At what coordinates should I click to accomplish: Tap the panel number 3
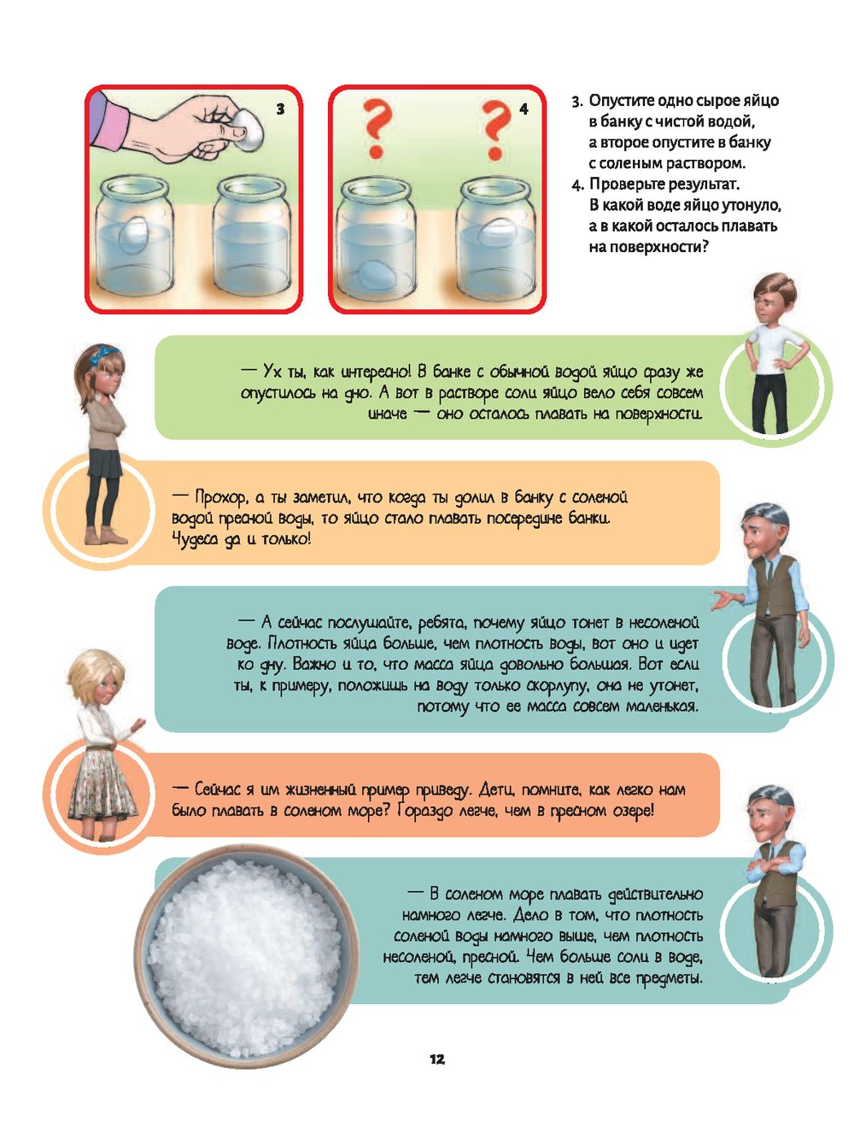(280, 109)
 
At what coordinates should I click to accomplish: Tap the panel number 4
(524, 109)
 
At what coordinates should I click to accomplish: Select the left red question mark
(377, 130)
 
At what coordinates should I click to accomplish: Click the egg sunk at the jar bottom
(377, 276)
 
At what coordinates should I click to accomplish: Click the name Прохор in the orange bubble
(222, 497)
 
